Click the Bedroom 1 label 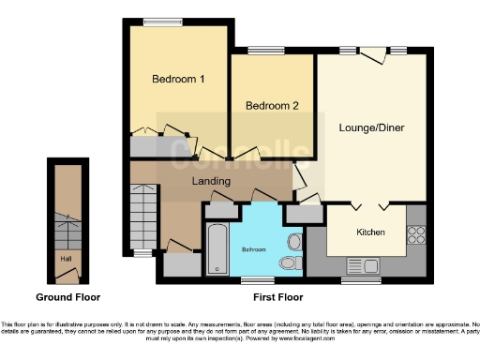178,80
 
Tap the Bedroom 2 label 272,106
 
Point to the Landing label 211,180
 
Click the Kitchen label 368,231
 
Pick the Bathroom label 253,249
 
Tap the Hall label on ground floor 65,258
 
